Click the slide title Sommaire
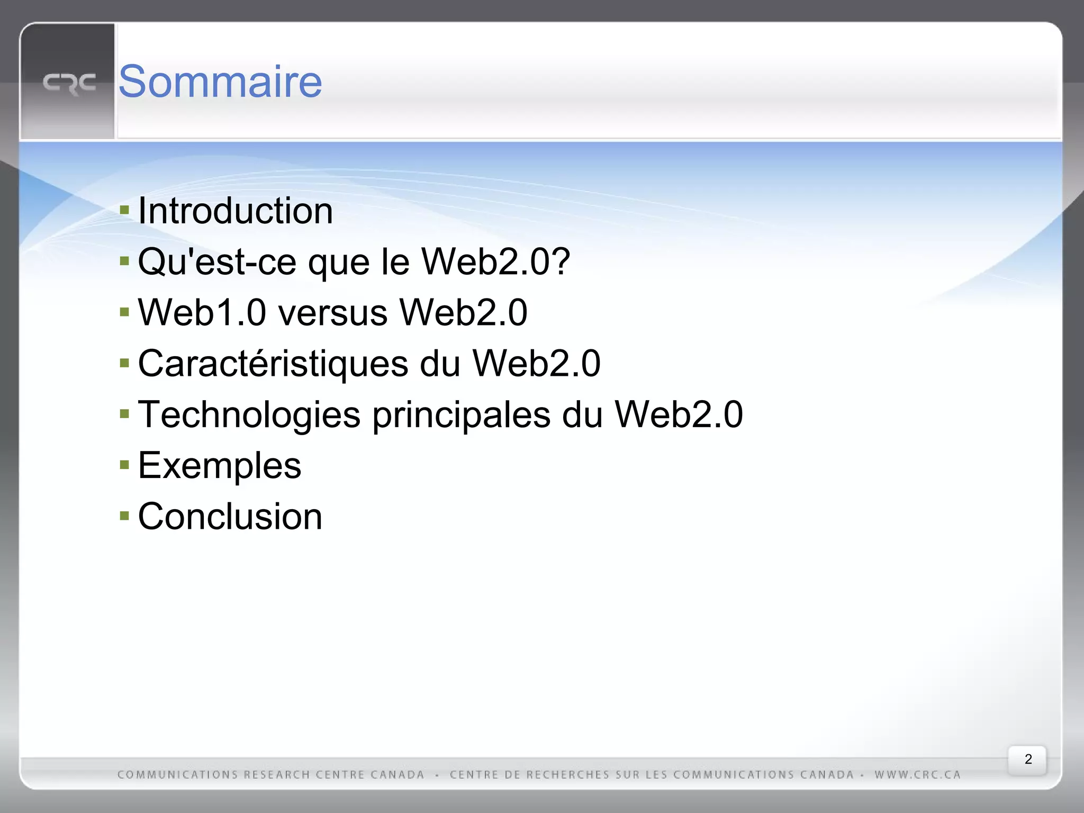(x=220, y=82)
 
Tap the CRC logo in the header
(x=69, y=84)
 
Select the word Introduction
(x=236, y=211)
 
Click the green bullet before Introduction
(x=124, y=210)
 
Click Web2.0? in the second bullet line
(x=496, y=261)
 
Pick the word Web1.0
(x=202, y=312)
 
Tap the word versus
(x=333, y=312)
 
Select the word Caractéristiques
(x=273, y=364)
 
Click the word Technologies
(x=249, y=414)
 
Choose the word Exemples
(x=220, y=466)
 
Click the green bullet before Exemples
(x=124, y=465)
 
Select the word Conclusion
(x=230, y=517)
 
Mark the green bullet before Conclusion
(x=124, y=516)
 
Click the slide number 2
(x=1028, y=759)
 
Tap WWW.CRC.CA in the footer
(x=917, y=775)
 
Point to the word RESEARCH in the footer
(x=277, y=775)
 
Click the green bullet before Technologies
(x=124, y=414)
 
